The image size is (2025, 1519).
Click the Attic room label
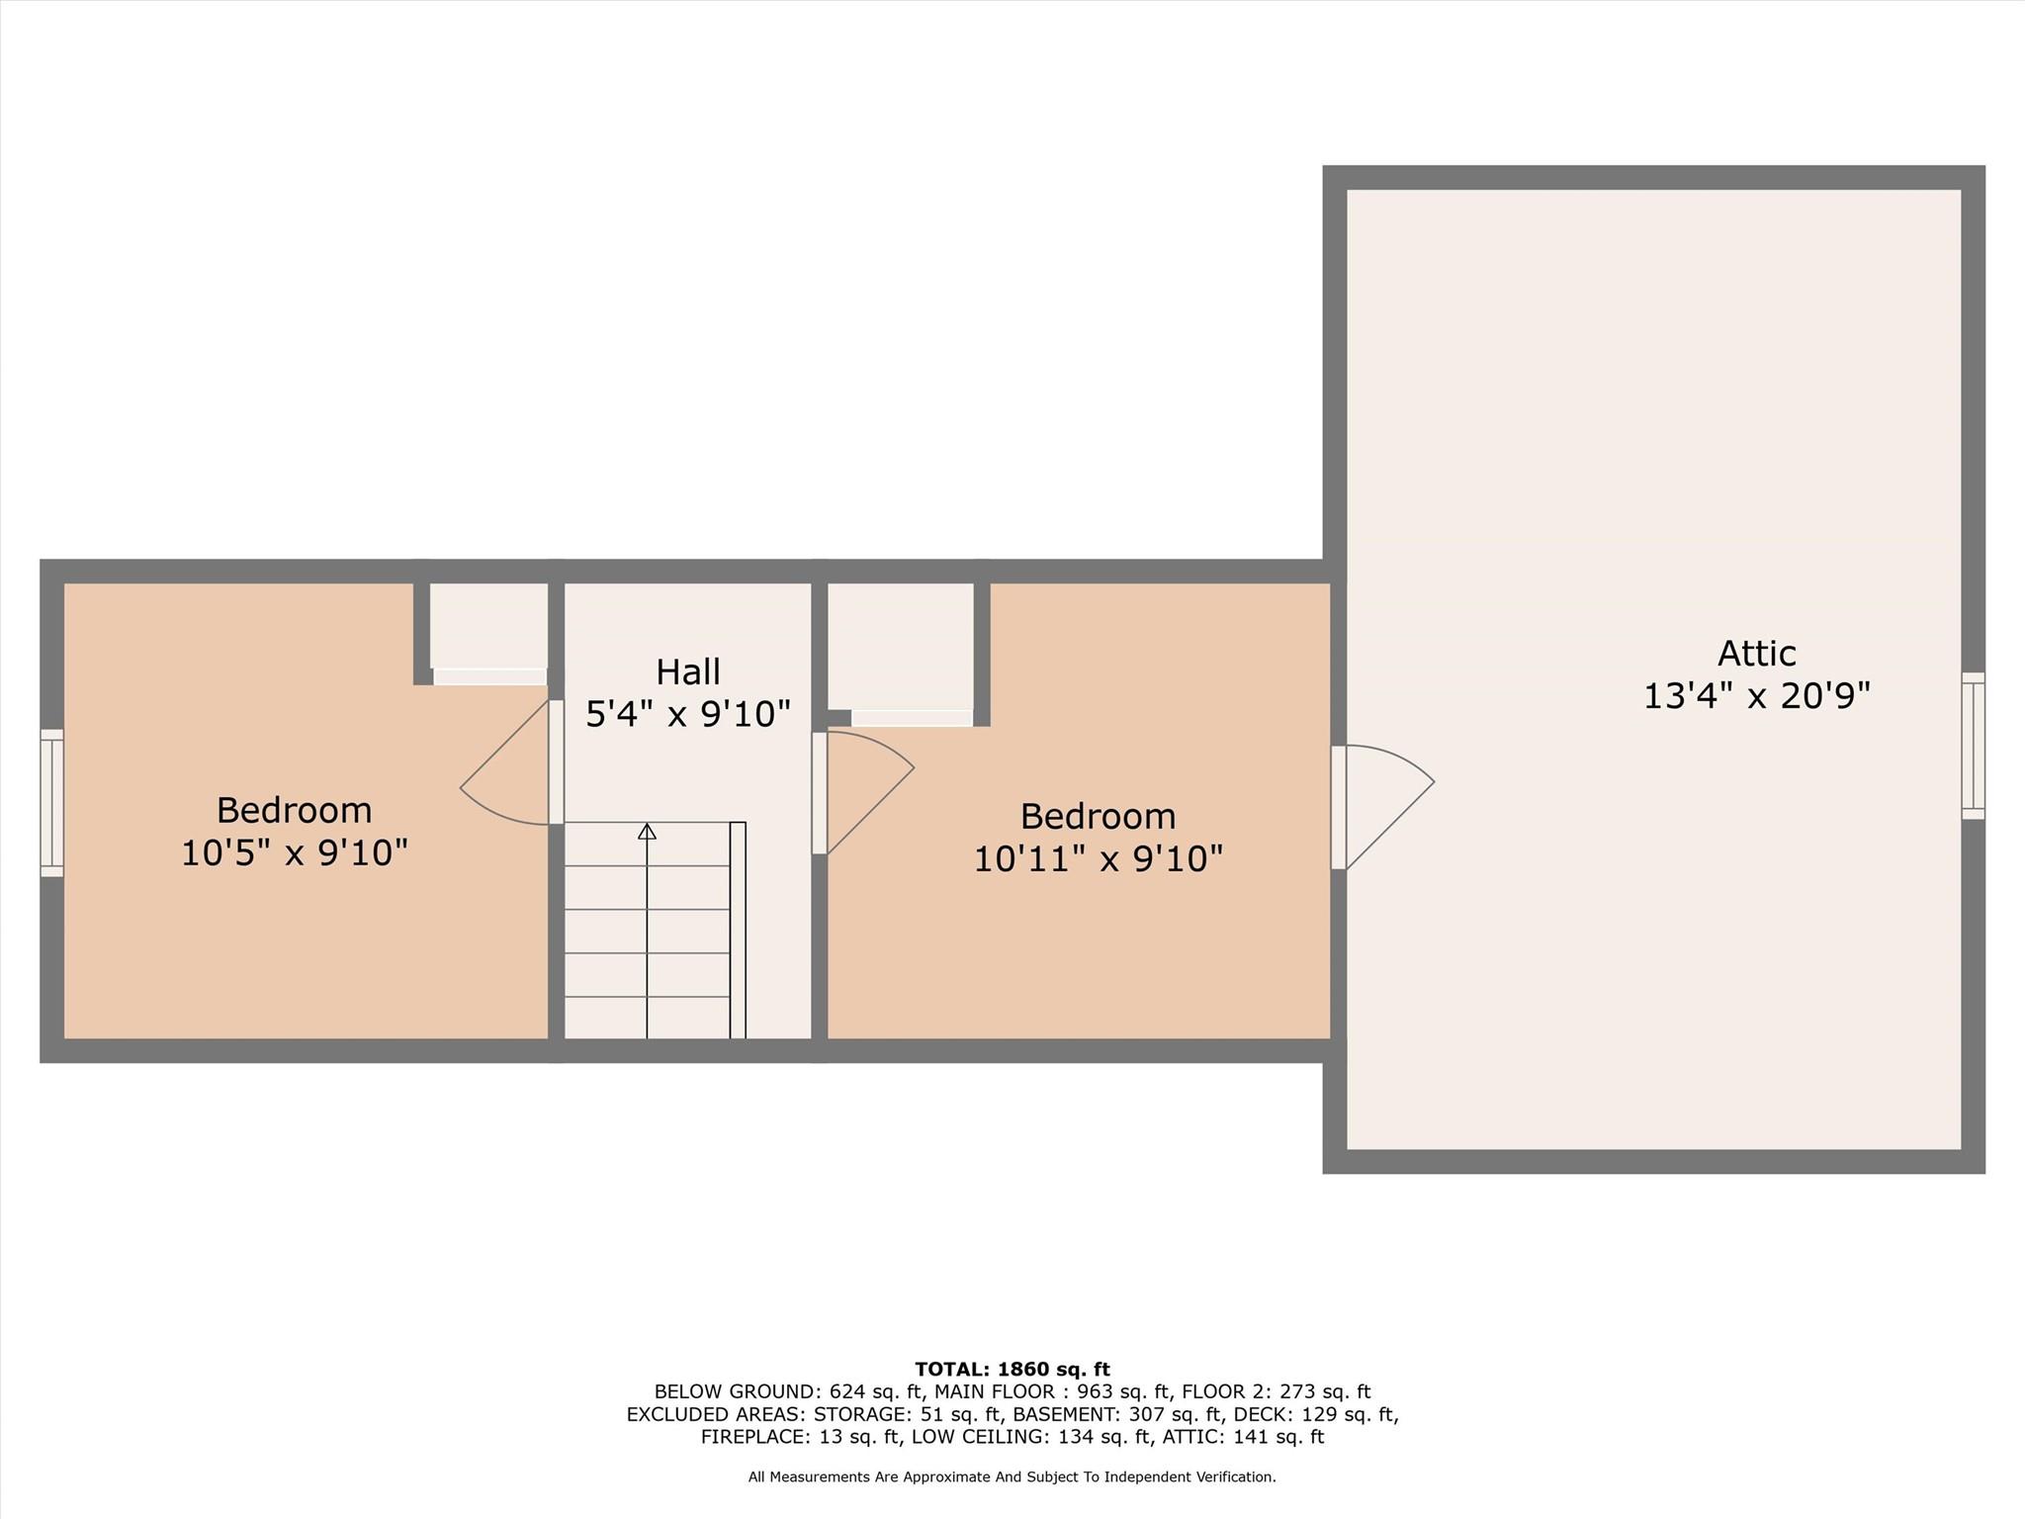coord(1756,654)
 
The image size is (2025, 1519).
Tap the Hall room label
coord(688,672)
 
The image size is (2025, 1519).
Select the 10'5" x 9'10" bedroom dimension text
coord(295,852)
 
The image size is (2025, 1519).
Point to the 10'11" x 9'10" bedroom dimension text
coord(1098,858)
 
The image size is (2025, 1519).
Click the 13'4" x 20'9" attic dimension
coord(1756,696)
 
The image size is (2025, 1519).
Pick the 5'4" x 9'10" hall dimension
coord(688,714)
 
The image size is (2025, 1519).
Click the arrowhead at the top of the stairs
coord(647,832)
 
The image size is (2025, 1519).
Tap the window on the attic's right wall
coord(1973,746)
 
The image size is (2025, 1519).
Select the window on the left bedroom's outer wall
coord(51,803)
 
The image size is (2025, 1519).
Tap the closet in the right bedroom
coord(900,647)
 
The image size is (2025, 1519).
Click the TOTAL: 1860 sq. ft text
coord(1012,1370)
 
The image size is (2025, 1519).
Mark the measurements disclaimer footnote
coord(1012,1477)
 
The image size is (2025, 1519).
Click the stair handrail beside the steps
coord(738,930)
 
